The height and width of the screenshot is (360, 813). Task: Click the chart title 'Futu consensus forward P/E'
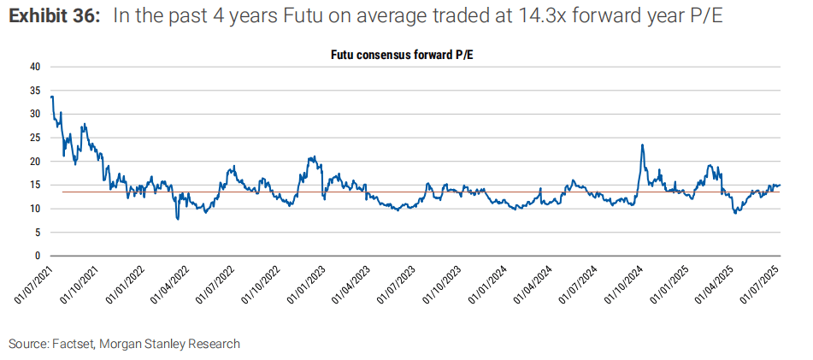point(409,53)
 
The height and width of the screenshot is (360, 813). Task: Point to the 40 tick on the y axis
point(35,66)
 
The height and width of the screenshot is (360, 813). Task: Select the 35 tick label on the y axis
point(35,90)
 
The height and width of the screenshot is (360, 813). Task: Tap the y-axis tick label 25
point(35,137)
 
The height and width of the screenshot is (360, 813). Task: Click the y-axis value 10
point(35,208)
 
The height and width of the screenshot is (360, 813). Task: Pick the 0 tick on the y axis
point(38,256)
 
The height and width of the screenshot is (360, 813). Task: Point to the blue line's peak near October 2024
point(642,145)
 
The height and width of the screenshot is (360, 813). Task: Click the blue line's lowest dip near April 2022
point(178,219)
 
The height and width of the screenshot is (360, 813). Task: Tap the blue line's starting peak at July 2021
point(51,96)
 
